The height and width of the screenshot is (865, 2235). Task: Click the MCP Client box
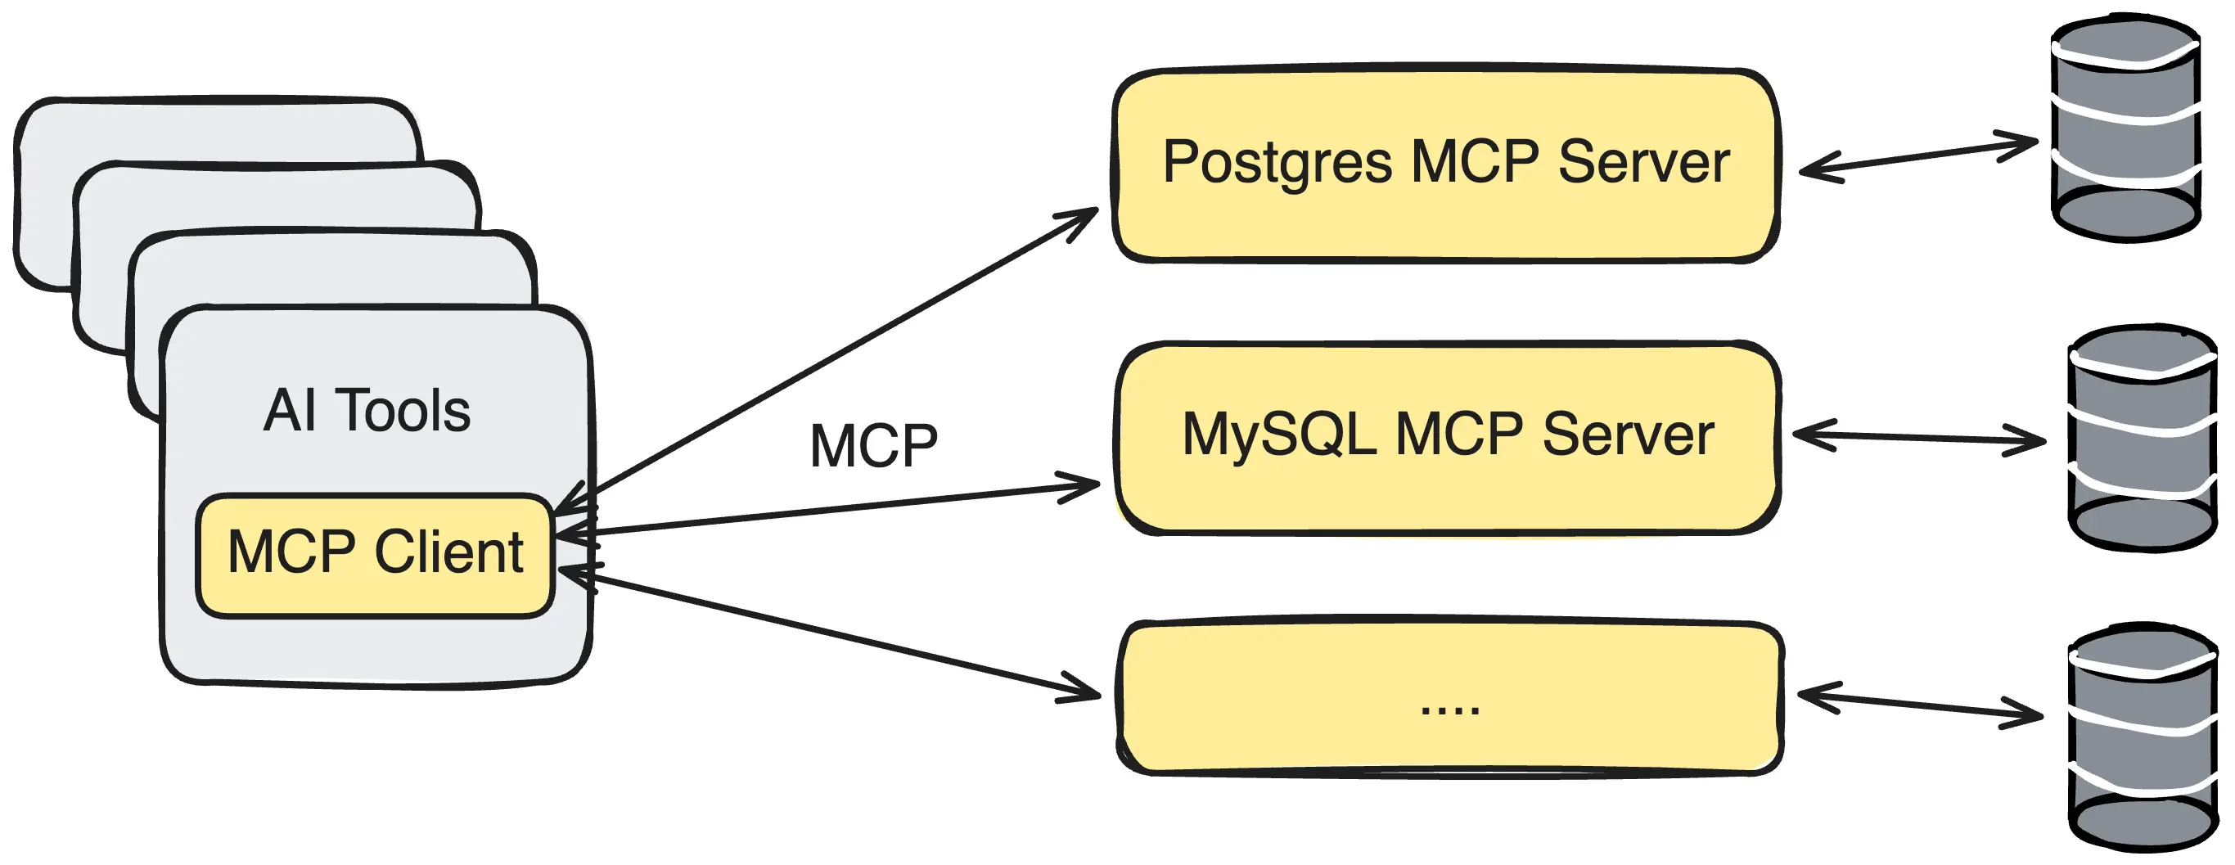tap(375, 556)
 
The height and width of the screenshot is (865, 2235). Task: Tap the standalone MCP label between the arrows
tap(873, 447)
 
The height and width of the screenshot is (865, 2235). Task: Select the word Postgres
tap(1277, 162)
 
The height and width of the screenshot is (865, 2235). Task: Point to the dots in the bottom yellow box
tap(1449, 710)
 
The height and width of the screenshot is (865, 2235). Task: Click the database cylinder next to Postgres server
tap(2125, 130)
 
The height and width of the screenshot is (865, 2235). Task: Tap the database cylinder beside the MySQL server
tap(2142, 438)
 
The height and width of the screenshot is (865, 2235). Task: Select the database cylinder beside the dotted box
tap(2142, 737)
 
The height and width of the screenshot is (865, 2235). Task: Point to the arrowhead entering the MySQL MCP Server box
tap(1084, 486)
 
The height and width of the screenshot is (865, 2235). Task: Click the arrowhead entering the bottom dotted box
tap(1084, 692)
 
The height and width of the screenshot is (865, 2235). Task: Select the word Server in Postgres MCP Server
tap(1643, 162)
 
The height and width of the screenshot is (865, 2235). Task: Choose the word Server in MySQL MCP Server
tap(1628, 434)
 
